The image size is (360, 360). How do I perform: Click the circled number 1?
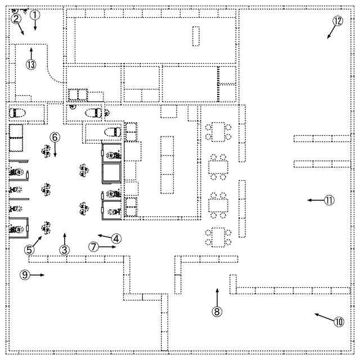(35, 15)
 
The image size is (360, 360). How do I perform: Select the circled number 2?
(16, 19)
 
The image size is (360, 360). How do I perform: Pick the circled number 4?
(116, 238)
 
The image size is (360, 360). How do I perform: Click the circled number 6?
(55, 137)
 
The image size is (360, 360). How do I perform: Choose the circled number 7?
(93, 246)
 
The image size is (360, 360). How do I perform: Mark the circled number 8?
(217, 310)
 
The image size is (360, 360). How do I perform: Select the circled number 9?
(24, 274)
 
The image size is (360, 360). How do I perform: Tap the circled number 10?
(338, 322)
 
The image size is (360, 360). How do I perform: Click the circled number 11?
(329, 200)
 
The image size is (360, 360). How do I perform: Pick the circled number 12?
(337, 21)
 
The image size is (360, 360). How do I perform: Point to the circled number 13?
(30, 64)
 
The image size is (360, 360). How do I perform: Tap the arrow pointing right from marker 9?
(38, 274)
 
